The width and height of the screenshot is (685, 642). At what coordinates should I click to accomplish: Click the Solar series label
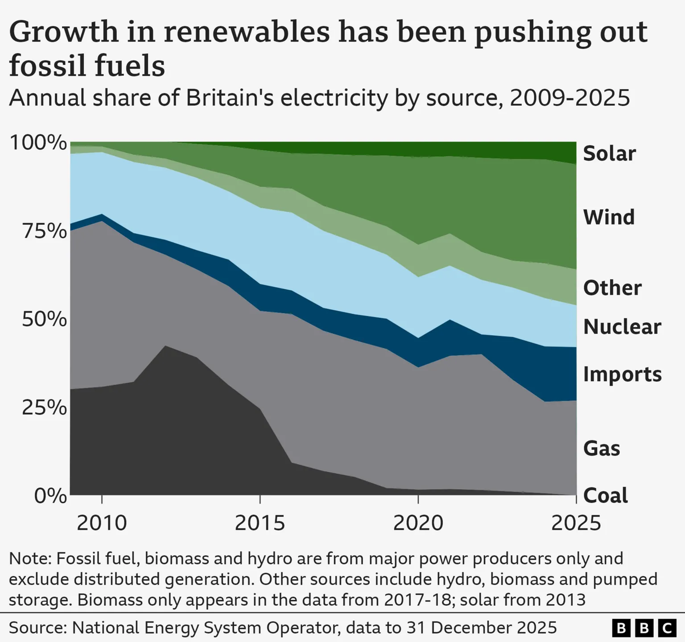pyautogui.click(x=609, y=153)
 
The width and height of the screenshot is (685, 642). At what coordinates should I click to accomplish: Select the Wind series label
pyautogui.click(x=609, y=217)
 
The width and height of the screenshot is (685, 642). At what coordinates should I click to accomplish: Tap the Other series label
pyautogui.click(x=612, y=288)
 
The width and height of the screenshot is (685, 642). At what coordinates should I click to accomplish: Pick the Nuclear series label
pyautogui.click(x=622, y=327)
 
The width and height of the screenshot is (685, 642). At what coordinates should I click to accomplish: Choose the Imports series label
pyautogui.click(x=622, y=374)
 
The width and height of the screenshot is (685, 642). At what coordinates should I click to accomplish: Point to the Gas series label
pyautogui.click(x=602, y=448)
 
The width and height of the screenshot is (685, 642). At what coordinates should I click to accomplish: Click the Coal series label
pyautogui.click(x=605, y=495)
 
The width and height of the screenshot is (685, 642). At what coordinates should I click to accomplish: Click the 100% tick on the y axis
pyautogui.click(x=38, y=143)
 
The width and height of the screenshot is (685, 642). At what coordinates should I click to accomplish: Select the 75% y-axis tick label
pyautogui.click(x=44, y=231)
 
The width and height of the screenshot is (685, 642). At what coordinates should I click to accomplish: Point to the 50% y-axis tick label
pyautogui.click(x=44, y=319)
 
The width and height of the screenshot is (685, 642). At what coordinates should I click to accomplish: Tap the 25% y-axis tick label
pyautogui.click(x=44, y=407)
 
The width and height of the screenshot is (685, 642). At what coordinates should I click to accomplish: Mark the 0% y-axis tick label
pyautogui.click(x=50, y=495)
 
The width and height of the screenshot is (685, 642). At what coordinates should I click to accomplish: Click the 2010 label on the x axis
pyautogui.click(x=102, y=523)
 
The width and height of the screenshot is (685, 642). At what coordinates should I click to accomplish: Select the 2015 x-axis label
pyautogui.click(x=260, y=523)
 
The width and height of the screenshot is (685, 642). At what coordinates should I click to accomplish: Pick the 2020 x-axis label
pyautogui.click(x=418, y=523)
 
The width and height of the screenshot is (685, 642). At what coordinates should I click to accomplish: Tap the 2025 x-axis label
pyautogui.click(x=576, y=523)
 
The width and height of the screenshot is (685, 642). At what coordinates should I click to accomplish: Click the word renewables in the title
pyautogui.click(x=247, y=32)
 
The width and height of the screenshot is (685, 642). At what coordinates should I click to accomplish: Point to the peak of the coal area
pyautogui.click(x=165, y=346)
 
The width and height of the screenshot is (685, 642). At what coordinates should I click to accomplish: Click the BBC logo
pyautogui.click(x=644, y=628)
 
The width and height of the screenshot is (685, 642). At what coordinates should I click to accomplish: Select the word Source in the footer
pyautogui.click(x=37, y=628)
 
